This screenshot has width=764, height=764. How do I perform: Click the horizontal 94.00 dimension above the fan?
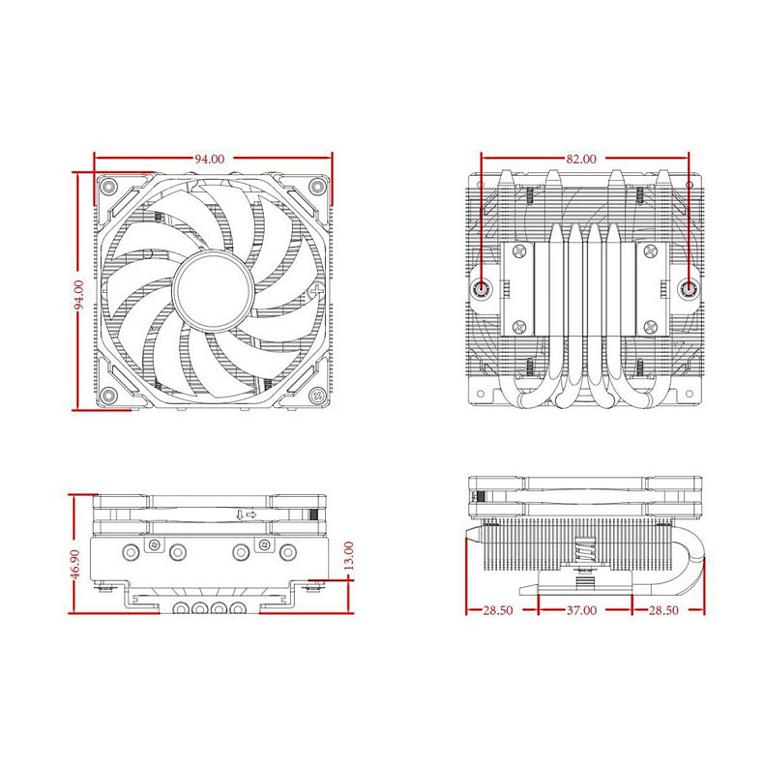210,159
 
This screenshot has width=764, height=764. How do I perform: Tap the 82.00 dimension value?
581,159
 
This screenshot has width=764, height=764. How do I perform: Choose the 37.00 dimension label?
581,611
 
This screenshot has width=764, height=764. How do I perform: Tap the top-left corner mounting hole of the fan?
109,187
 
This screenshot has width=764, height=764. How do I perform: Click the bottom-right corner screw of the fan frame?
315,395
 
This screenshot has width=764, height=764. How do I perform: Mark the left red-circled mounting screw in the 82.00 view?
483,288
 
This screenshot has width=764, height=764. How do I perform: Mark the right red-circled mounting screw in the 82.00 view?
688,288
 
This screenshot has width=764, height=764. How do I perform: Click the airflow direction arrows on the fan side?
245,514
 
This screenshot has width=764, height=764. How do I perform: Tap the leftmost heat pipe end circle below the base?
181,610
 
